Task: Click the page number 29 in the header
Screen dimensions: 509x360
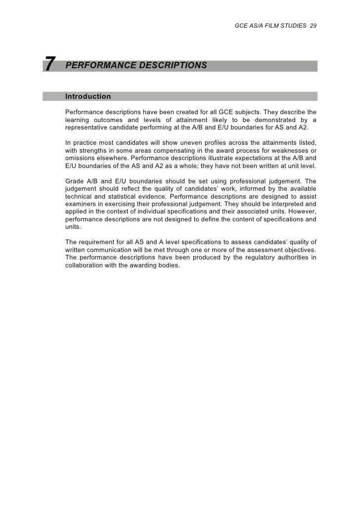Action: pyautogui.click(x=314, y=25)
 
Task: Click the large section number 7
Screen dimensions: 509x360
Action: pyautogui.click(x=49, y=65)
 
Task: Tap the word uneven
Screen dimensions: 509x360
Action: pyautogui.click(x=169, y=143)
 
